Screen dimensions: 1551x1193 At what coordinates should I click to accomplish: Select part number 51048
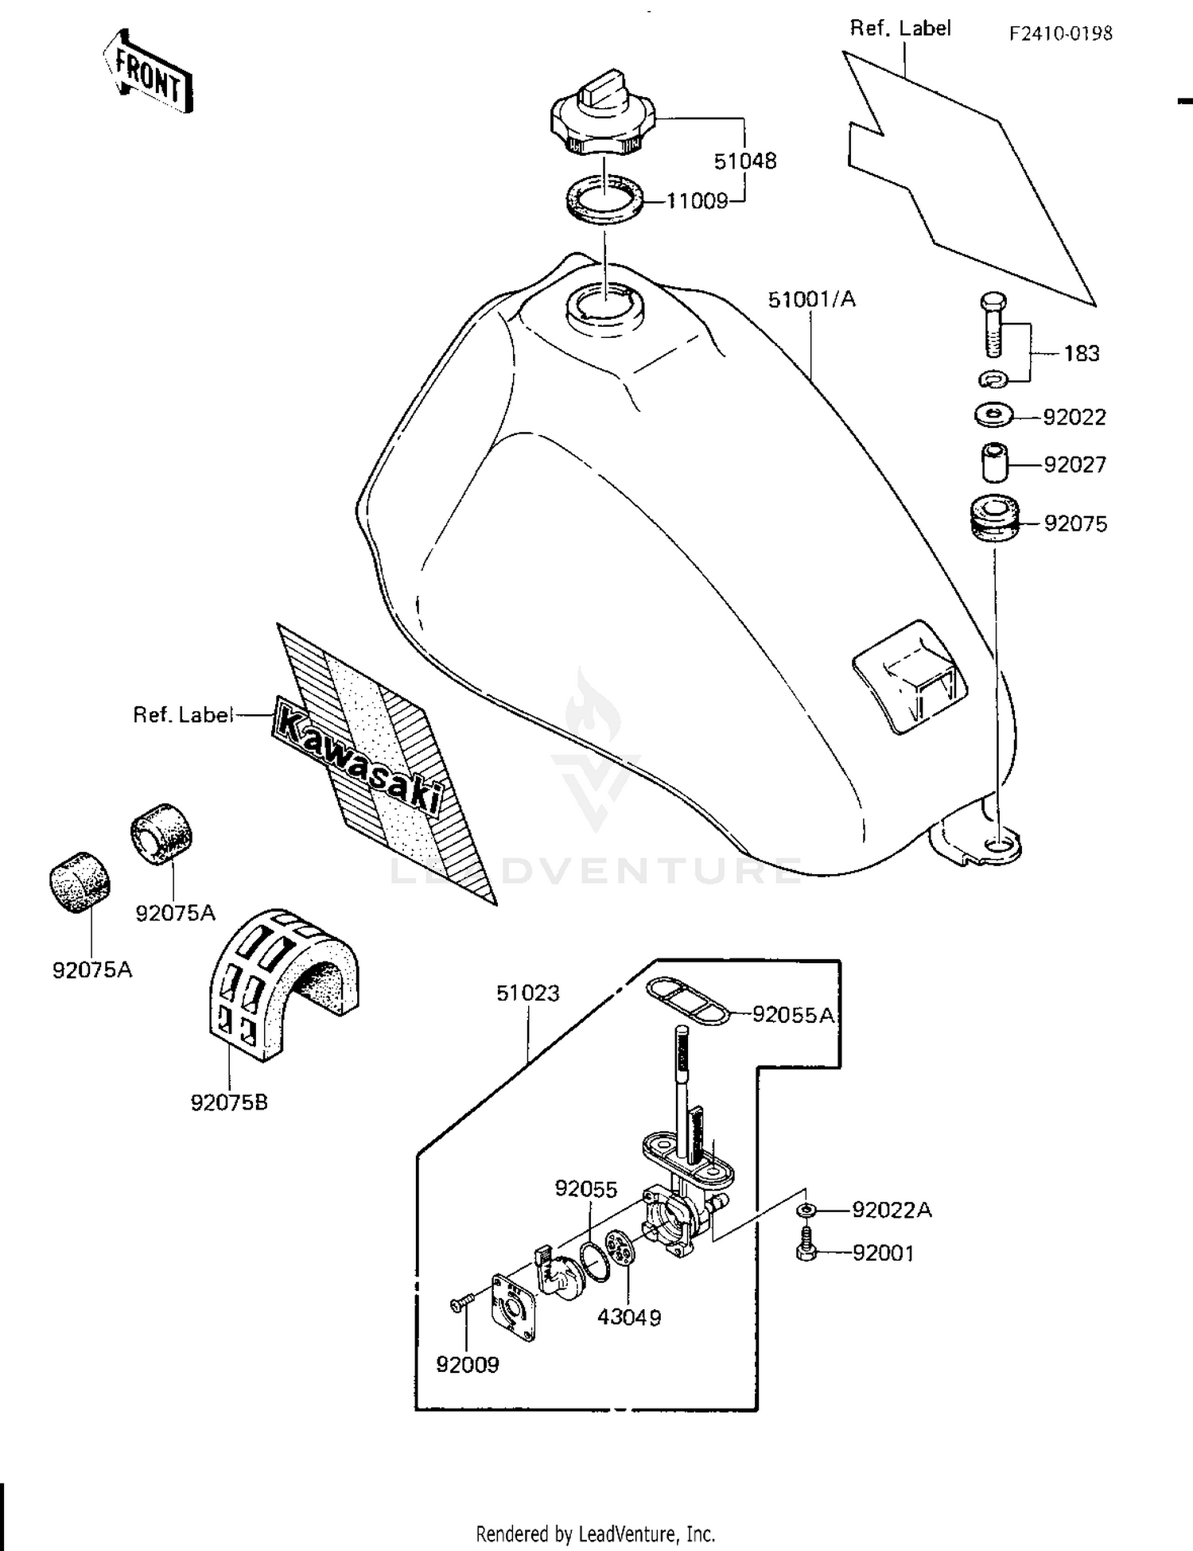[744, 161]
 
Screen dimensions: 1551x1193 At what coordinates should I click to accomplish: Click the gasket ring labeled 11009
[604, 198]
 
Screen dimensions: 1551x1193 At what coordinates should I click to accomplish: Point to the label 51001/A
[811, 300]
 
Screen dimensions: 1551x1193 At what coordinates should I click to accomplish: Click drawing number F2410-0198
[1061, 33]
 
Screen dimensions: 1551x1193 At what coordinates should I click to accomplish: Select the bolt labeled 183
[992, 326]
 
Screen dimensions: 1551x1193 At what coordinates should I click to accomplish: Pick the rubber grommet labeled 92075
[994, 520]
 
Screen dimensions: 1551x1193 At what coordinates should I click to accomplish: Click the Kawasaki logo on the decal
[358, 754]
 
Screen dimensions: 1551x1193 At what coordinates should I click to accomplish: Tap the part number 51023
[528, 993]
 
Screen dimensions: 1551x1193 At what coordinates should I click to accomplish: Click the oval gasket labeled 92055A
[686, 999]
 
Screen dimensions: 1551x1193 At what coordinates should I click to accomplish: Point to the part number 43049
[629, 1317]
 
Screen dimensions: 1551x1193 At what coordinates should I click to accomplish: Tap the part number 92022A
[892, 1210]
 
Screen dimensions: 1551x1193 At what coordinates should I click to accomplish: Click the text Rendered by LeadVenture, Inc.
[596, 1533]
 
